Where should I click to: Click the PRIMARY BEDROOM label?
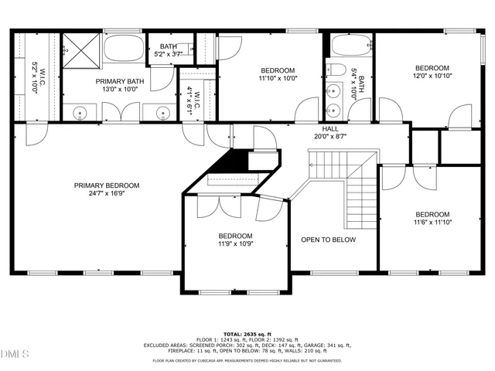pyautogui.click(x=107, y=185)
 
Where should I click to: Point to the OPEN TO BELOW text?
pyautogui.click(x=328, y=240)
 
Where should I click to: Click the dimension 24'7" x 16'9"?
pyautogui.click(x=107, y=195)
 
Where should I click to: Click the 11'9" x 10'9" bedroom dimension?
pyautogui.click(x=234, y=245)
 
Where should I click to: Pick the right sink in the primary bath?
pyautogui.click(x=162, y=114)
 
